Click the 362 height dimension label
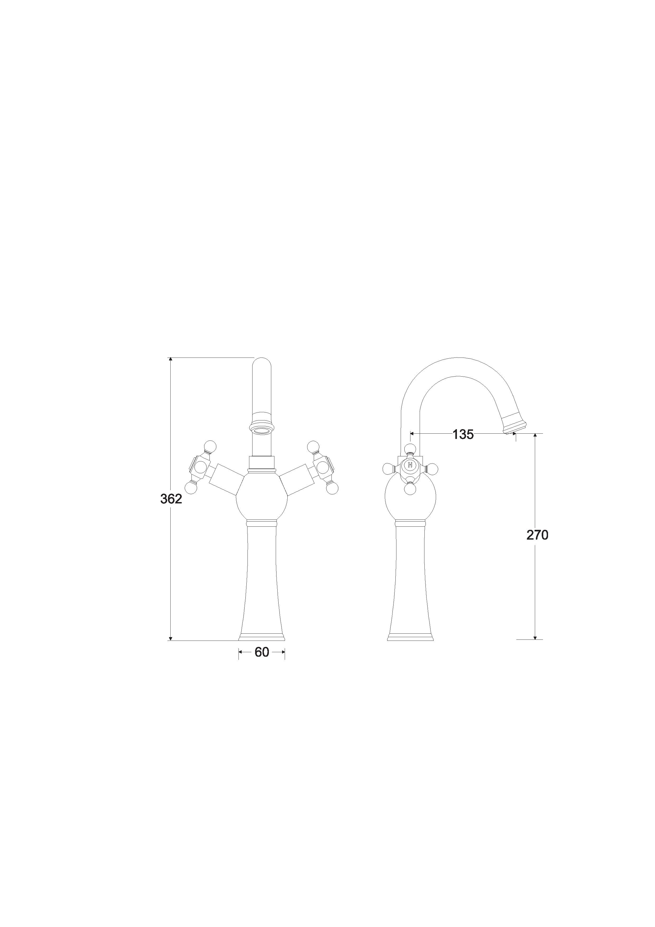171,499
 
